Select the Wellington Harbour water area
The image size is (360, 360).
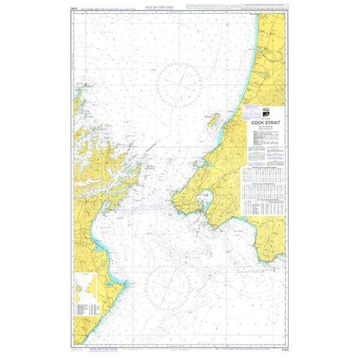[x=208, y=197]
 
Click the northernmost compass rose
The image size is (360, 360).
[x=181, y=84]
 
